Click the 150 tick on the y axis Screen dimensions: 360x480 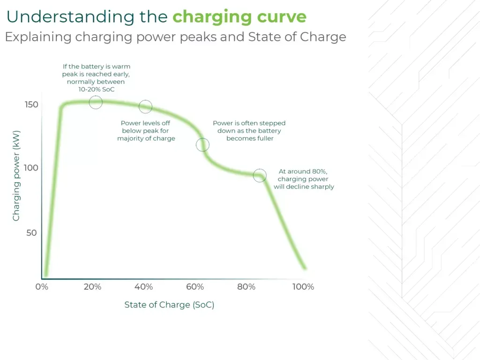(x=31, y=105)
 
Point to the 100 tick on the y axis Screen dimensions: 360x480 (x=31, y=168)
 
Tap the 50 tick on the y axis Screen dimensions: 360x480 (x=31, y=233)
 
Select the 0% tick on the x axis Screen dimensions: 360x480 (x=42, y=287)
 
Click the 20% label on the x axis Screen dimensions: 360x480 (x=92, y=287)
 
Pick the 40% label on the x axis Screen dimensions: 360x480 (x=144, y=287)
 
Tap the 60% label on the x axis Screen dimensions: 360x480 (x=195, y=287)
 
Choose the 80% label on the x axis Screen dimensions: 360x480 (x=247, y=287)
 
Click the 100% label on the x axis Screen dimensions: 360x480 (x=303, y=287)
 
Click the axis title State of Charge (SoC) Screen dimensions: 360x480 (x=169, y=305)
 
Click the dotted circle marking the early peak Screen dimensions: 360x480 (x=96, y=102)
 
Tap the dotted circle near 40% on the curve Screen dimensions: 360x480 (x=146, y=107)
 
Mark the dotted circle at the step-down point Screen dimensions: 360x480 (x=202, y=144)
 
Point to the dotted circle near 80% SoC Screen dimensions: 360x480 (x=259, y=176)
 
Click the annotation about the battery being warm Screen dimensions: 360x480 (x=96, y=77)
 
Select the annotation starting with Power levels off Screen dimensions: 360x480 (x=146, y=131)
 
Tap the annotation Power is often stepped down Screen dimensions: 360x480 (x=249, y=131)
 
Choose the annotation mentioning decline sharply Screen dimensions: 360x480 (x=303, y=179)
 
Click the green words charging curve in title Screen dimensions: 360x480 (x=239, y=17)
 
